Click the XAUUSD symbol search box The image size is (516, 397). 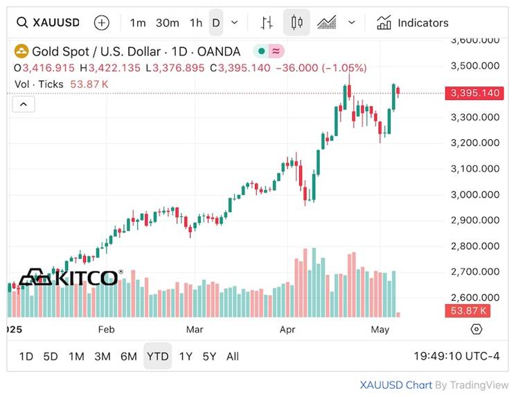[x=48, y=23]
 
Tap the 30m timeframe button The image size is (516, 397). [x=167, y=23]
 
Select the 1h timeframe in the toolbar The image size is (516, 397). [x=196, y=23]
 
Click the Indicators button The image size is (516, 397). [x=413, y=23]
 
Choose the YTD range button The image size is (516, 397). [x=157, y=356]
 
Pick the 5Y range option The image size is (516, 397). [x=209, y=356]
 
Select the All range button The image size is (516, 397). [x=233, y=356]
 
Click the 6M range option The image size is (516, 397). [x=128, y=356]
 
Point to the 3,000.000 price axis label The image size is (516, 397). [x=474, y=195]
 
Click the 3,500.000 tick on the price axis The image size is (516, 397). [x=474, y=66]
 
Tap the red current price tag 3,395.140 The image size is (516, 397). [x=474, y=93]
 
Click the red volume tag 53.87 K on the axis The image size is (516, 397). [x=469, y=310]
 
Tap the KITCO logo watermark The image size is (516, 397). [x=69, y=279]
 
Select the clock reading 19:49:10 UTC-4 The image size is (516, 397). [x=456, y=356]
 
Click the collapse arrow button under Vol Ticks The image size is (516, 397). [x=24, y=104]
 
